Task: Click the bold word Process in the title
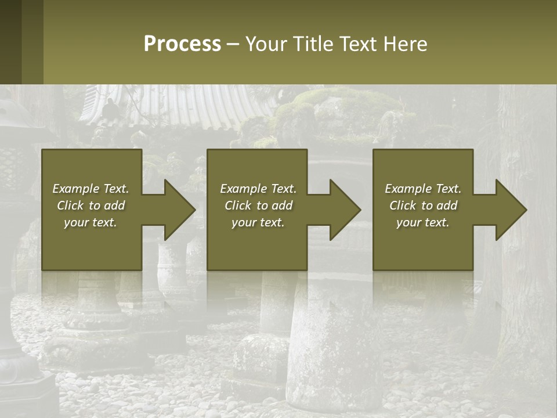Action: coord(182,44)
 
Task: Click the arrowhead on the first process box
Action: coord(176,210)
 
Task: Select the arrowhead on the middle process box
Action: coord(342,210)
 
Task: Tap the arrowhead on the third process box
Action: coord(508,210)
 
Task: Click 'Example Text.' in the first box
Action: coord(91,189)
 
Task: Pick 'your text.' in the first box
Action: coord(91,222)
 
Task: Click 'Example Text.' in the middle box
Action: coord(258,189)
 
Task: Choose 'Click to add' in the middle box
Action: coord(258,206)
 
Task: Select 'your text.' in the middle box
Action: coord(258,222)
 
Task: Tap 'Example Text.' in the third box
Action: coord(423,189)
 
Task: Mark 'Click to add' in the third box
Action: coord(423,206)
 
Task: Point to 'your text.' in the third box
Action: coord(423,222)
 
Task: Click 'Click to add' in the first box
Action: coord(91,206)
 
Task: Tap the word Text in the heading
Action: coord(355,44)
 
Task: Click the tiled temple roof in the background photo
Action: coord(174,107)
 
